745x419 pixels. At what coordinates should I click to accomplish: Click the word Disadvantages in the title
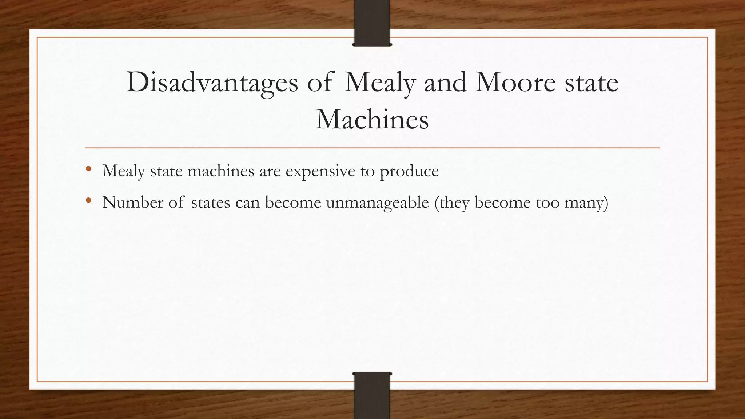coord(212,83)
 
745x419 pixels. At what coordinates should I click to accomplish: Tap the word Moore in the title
coord(515,83)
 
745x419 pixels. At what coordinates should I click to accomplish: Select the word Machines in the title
coord(372,119)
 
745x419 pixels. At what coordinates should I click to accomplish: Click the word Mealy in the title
coord(379,83)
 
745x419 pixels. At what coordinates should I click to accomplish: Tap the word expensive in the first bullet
coord(320,171)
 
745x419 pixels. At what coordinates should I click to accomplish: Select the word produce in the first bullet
coord(409,171)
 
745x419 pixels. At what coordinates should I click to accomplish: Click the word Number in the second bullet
coord(133,202)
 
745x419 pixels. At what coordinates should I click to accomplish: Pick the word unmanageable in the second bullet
coord(377,202)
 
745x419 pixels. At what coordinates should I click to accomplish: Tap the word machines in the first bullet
coord(221,171)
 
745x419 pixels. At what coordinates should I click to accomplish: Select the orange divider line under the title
coord(372,148)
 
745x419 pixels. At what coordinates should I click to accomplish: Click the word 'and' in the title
coord(445,83)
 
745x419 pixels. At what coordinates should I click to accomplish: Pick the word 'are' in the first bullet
coord(270,171)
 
